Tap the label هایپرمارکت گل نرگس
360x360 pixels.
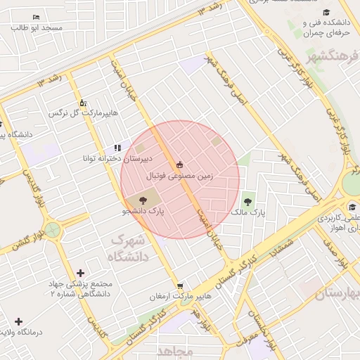(84, 112)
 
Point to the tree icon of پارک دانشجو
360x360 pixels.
(134, 201)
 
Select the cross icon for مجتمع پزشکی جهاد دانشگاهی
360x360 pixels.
(80, 273)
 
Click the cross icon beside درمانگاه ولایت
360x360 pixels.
(19, 322)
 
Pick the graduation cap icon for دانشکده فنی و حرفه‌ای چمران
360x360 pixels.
(326, 13)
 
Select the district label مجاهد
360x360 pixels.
(175, 350)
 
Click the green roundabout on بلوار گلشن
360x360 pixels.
(53, 229)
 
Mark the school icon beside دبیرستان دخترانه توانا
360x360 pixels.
(117, 148)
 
